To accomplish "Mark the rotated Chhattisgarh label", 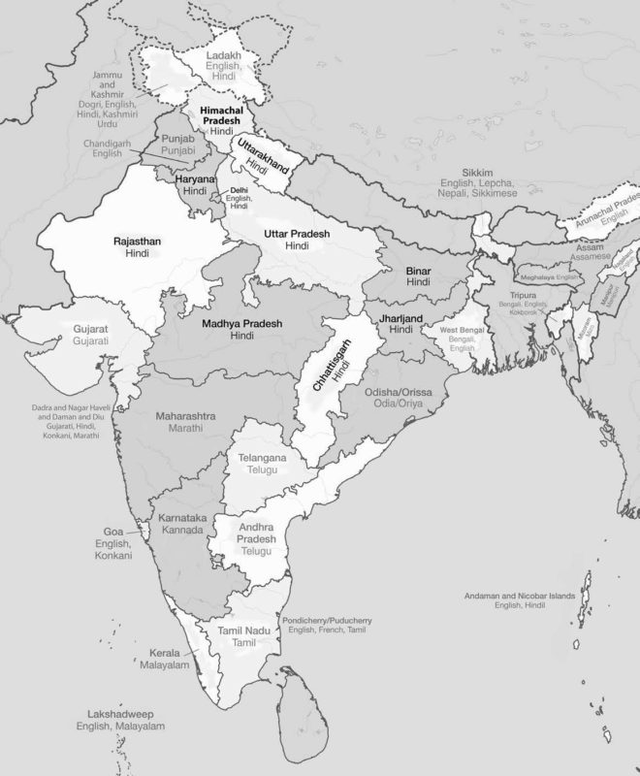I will pyautogui.click(x=335, y=371).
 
